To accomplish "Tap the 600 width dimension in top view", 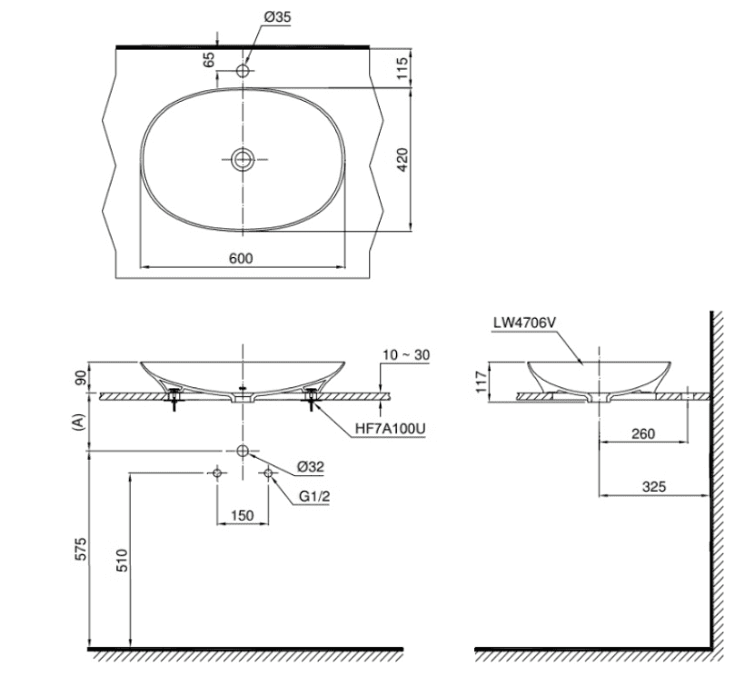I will coord(240,258).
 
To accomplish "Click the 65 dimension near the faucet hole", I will coord(210,62).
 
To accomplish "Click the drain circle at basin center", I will coord(243,160).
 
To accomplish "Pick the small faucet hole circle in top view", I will coord(243,70).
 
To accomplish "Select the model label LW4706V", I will coord(524,322).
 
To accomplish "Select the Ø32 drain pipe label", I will coord(312,467).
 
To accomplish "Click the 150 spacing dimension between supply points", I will coord(242,515).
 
